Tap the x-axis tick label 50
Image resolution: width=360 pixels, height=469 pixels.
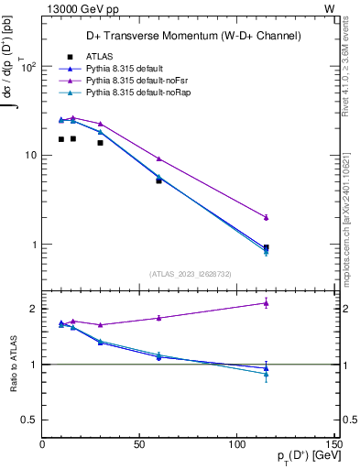click(x=139, y=445)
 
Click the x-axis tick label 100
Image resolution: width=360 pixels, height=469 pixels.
click(x=237, y=445)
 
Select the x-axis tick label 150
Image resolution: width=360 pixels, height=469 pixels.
click(x=334, y=445)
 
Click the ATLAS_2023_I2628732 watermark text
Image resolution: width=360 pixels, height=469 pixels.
click(x=190, y=273)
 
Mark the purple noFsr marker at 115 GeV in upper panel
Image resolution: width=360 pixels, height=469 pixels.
click(x=267, y=217)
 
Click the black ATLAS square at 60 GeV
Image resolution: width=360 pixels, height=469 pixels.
click(x=159, y=180)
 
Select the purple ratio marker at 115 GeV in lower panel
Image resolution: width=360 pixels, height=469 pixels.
click(x=267, y=302)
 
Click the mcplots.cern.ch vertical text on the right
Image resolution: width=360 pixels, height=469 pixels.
click(x=350, y=229)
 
